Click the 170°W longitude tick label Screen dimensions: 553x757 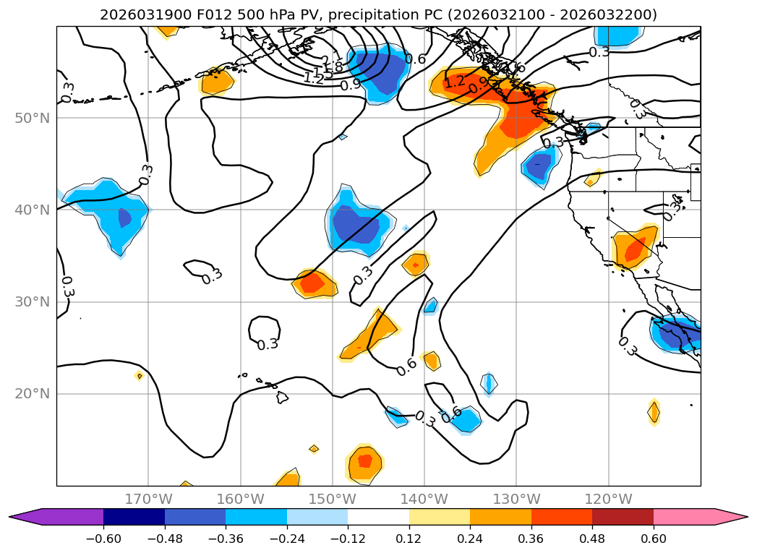(148, 499)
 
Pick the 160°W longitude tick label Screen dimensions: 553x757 (240, 499)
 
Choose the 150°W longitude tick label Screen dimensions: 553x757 (332, 499)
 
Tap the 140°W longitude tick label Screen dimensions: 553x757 (424, 499)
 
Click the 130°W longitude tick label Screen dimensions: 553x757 (516, 499)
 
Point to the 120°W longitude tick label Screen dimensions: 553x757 (608, 499)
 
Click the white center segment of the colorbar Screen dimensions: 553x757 (378, 517)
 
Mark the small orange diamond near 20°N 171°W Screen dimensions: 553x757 (139, 375)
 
